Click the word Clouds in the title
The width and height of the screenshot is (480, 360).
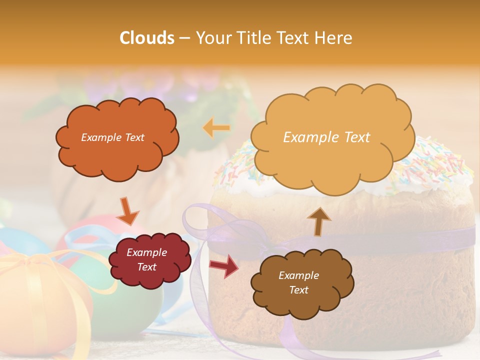(x=146, y=38)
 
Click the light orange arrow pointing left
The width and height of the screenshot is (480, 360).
(x=216, y=128)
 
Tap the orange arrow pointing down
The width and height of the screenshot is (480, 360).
(x=127, y=210)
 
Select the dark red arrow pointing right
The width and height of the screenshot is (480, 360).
(x=224, y=265)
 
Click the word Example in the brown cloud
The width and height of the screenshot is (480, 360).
(x=298, y=275)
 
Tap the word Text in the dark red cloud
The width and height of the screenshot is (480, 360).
(x=147, y=267)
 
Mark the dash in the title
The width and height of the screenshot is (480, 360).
(x=184, y=38)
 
